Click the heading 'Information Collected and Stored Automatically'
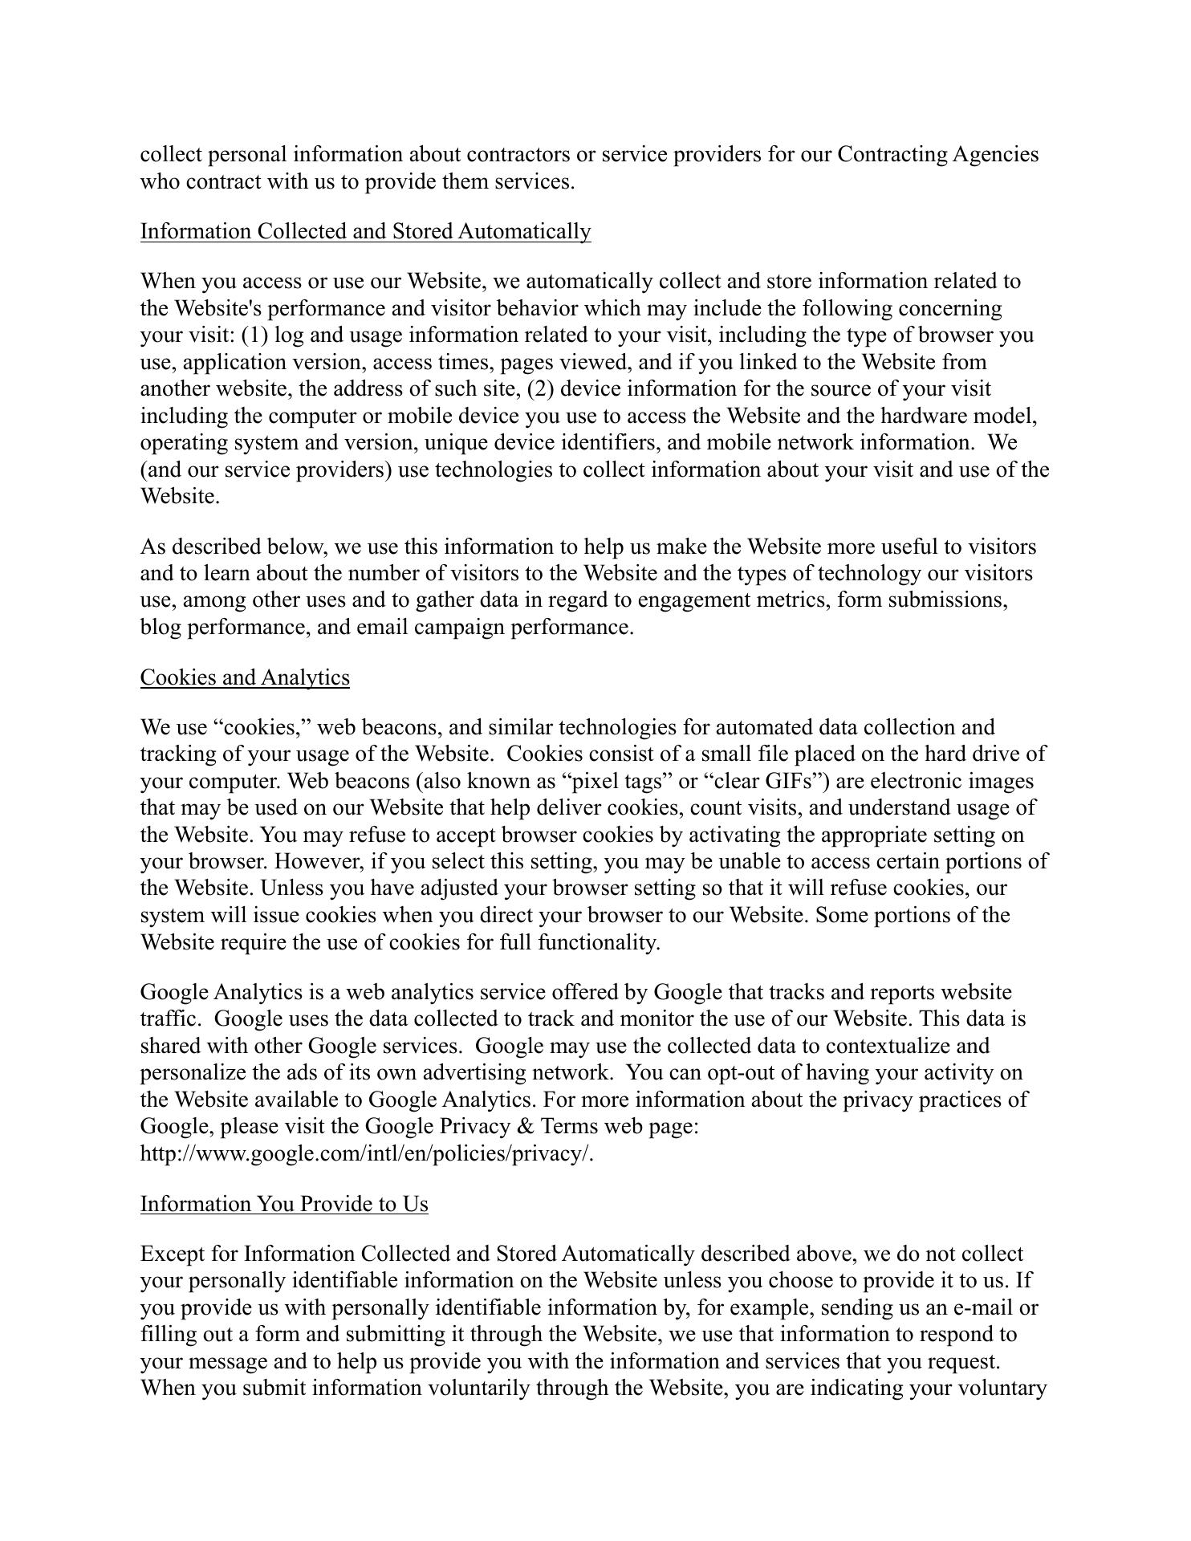click(x=365, y=231)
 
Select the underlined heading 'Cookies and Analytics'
click(x=245, y=677)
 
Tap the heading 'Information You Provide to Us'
click(x=284, y=1204)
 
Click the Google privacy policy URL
click(x=367, y=1153)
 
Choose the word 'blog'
click(x=161, y=627)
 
